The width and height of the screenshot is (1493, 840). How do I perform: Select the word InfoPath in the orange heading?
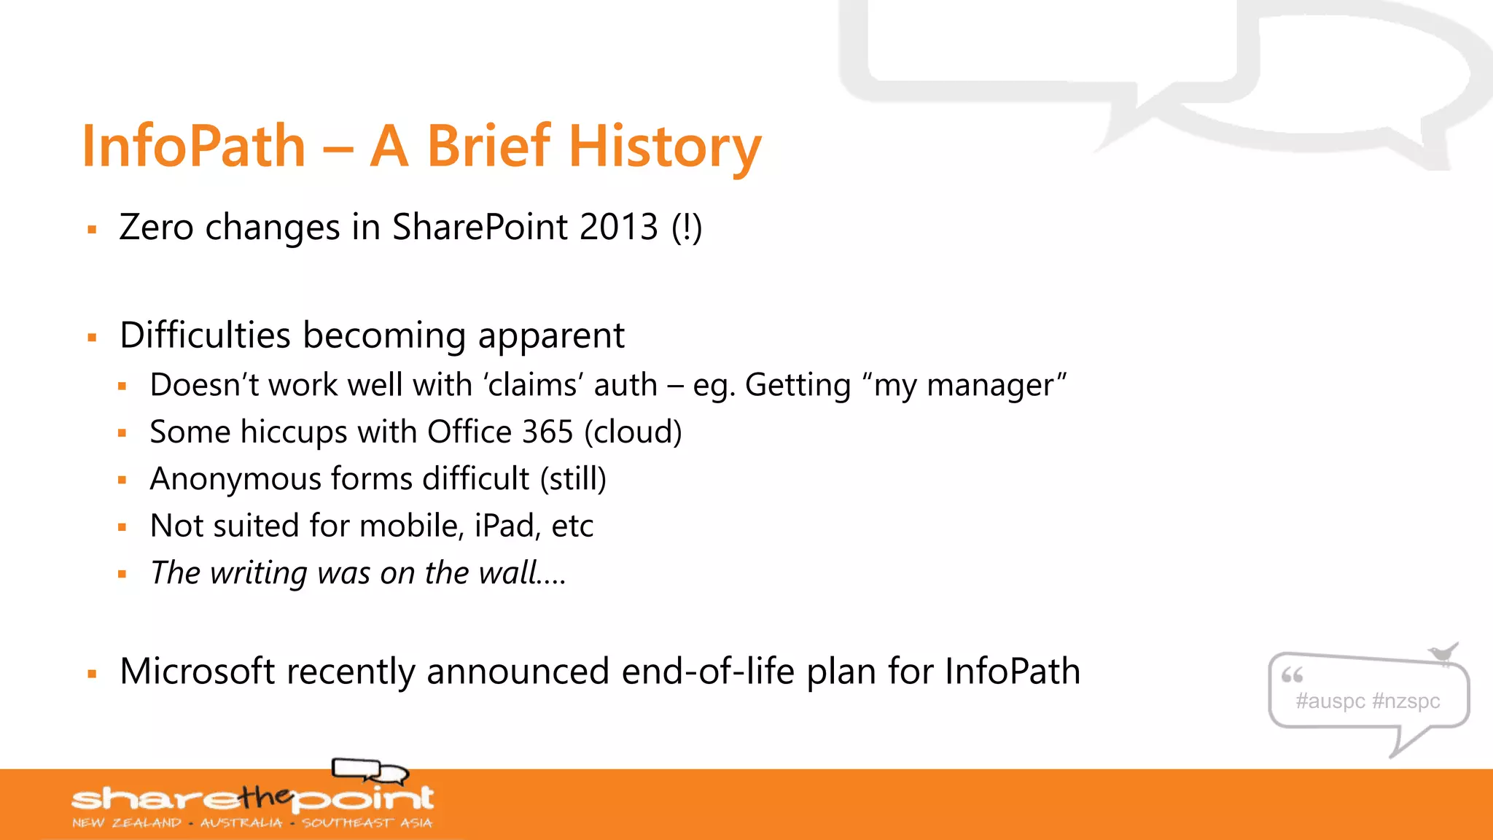[194, 147]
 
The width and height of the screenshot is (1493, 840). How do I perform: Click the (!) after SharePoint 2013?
[687, 227]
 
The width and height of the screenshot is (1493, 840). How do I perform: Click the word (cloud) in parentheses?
[634, 432]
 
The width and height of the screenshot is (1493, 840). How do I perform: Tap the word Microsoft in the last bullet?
[197, 671]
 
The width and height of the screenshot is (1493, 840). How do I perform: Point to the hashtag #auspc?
[1330, 701]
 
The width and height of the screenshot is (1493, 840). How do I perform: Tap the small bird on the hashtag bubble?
[1443, 653]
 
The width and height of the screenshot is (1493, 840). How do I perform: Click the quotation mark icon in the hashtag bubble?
[1292, 675]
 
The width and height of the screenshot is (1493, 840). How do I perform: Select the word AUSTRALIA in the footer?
[241, 823]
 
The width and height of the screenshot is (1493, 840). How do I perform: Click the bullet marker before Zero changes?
[92, 230]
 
